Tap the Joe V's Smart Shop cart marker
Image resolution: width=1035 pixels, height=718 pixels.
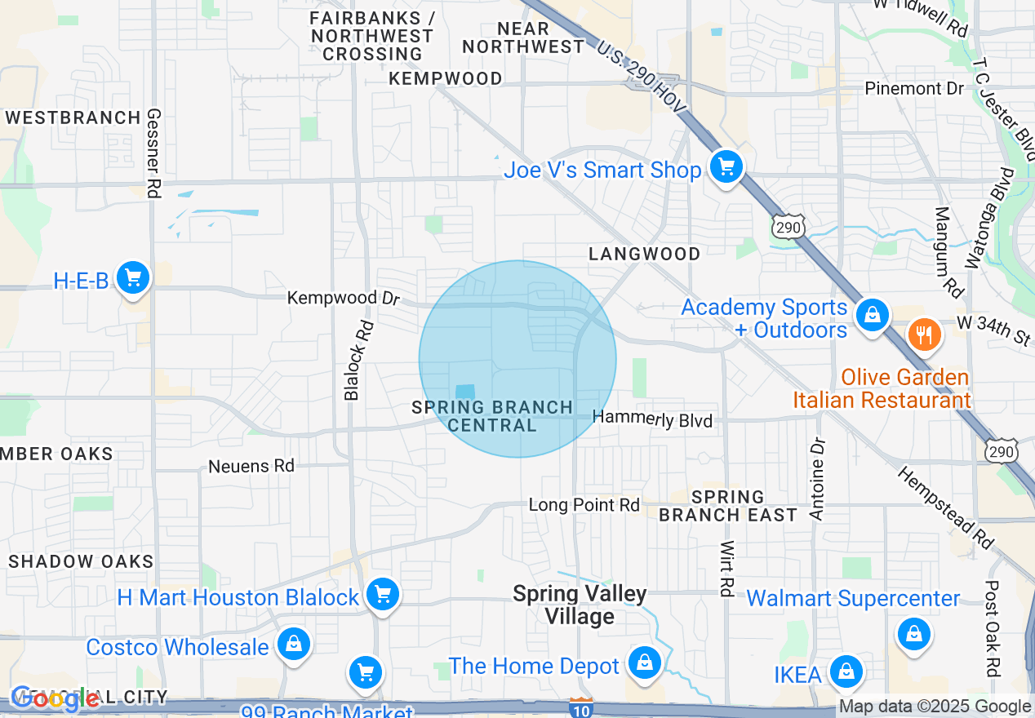pos(725,168)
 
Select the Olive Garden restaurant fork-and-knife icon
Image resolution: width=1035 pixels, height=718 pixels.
pos(924,335)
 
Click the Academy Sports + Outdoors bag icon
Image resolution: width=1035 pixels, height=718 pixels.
pos(872,314)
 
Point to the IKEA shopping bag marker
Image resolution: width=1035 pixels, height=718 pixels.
pos(846,672)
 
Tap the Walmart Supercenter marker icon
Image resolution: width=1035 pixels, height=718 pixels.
pos(913,633)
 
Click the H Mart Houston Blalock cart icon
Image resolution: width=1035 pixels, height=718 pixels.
pos(382,594)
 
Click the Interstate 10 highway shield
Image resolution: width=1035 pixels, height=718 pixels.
pos(580,707)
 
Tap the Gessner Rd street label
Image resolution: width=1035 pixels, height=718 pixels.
pos(153,153)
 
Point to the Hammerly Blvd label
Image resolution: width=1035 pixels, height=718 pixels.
pos(652,419)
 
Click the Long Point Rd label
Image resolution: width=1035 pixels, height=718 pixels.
pos(584,505)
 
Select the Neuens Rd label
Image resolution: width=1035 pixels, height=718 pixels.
pos(251,466)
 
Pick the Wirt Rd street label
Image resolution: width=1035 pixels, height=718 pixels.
pos(726,568)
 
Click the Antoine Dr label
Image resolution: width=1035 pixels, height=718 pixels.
pos(818,479)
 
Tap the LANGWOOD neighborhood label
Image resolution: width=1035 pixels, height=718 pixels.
pos(645,254)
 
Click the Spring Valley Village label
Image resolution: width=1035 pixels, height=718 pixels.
pos(580,605)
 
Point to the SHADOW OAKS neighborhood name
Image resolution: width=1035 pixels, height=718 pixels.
pos(81,561)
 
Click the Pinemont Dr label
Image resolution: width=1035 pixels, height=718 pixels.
pos(914,88)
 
